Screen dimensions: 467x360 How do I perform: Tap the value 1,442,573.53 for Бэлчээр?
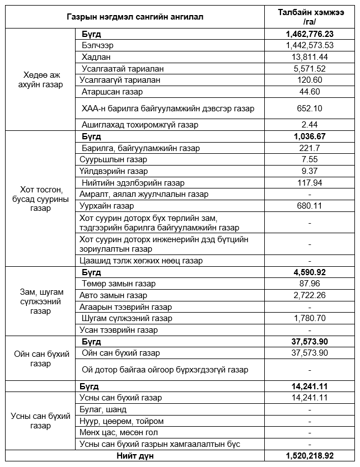[310, 45]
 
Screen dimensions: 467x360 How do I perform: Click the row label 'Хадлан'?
[96, 57]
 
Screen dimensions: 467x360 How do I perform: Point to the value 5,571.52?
[310, 68]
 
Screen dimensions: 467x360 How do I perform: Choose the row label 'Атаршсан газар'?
[112, 92]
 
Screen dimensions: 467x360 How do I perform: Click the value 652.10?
[310, 108]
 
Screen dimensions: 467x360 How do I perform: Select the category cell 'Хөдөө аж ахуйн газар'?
[40, 79]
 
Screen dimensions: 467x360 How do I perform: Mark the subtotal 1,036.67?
[310, 136]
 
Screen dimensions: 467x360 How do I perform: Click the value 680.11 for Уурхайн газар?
[310, 206]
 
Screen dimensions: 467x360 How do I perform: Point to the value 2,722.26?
[310, 295]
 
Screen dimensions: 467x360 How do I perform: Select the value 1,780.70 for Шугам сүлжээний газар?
[310, 318]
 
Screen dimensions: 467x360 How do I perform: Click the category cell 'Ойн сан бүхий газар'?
[40, 358]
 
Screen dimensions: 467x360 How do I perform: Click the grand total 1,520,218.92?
[310, 456]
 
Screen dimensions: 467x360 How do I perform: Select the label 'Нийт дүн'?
[135, 456]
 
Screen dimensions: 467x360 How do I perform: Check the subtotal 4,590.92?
[310, 272]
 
